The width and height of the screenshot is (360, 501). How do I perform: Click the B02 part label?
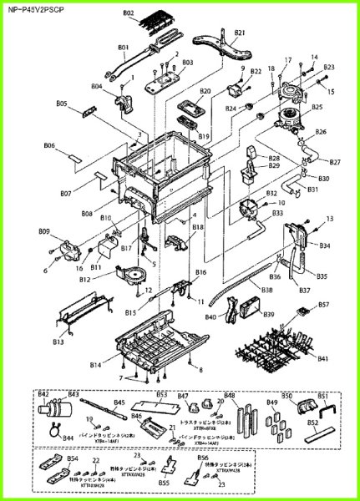point(129,13)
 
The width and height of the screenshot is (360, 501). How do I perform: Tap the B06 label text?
point(50,145)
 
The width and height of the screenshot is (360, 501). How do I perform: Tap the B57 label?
point(323,306)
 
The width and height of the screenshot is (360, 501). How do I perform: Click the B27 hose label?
point(335,161)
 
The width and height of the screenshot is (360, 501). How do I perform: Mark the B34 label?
point(324,245)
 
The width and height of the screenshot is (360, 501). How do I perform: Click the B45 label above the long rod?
point(119,402)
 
